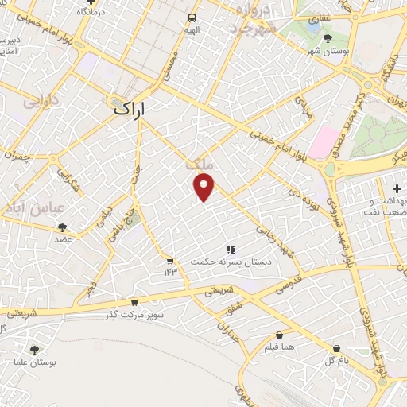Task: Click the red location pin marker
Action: click(x=204, y=187)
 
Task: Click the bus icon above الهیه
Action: click(x=192, y=17)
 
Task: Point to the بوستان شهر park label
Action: click(x=328, y=51)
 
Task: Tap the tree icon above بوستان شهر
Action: click(x=328, y=37)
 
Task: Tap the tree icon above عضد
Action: click(x=62, y=227)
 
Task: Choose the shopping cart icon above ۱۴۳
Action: click(x=169, y=261)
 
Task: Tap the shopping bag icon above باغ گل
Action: click(x=337, y=349)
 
